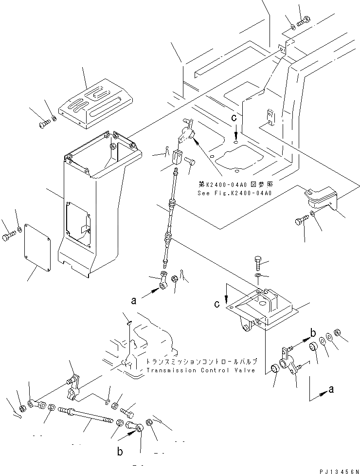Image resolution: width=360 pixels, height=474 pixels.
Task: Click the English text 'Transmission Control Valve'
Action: click(x=200, y=370)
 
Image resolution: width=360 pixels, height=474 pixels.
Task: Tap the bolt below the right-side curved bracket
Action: click(x=300, y=222)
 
